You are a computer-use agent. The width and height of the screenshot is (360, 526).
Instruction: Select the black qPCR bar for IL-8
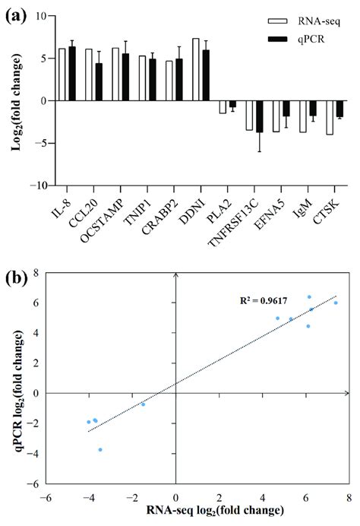(x=72, y=74)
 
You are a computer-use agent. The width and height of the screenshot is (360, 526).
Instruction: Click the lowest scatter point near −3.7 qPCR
(x=100, y=450)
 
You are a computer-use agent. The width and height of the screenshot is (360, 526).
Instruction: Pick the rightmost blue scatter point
(x=336, y=303)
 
